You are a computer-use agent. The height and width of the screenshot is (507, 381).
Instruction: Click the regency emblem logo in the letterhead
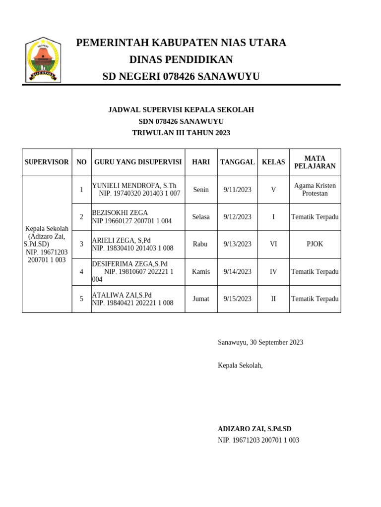[x=43, y=60]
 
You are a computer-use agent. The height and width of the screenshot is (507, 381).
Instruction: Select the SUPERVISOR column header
[x=47, y=162]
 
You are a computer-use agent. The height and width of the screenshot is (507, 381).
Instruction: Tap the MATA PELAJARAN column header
[x=315, y=162]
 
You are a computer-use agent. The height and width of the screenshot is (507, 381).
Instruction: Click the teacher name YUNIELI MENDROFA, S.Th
[x=134, y=186]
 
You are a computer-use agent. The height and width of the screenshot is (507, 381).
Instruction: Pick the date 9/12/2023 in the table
[x=237, y=217]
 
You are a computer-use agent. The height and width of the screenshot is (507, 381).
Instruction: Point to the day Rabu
[x=200, y=244]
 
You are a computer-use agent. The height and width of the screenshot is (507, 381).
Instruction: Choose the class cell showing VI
[x=273, y=244]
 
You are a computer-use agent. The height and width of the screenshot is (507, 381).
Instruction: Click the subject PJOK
[x=315, y=244]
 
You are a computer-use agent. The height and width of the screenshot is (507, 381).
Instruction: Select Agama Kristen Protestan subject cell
[x=315, y=189]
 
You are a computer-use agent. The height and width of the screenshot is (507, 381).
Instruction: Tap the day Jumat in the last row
[x=201, y=299]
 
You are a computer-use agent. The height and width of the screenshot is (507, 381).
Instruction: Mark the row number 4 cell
[x=81, y=272]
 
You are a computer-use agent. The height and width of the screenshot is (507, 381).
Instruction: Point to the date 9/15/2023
[x=237, y=299]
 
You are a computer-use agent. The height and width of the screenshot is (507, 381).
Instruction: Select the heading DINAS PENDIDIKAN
[x=181, y=60]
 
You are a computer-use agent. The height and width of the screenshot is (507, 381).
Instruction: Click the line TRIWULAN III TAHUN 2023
[x=181, y=133]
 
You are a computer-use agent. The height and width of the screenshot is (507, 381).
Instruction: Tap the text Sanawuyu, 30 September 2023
[x=260, y=342]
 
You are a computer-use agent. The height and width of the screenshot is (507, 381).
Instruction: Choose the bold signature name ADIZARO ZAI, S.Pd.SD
[x=254, y=429]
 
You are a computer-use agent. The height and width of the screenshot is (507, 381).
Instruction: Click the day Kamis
[x=201, y=272]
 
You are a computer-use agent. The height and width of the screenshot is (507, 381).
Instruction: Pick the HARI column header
[x=201, y=162]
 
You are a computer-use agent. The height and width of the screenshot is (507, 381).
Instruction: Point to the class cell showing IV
[x=273, y=272]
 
